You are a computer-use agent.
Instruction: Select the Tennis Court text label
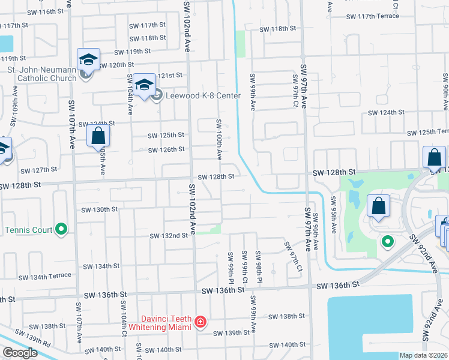tap(29, 229)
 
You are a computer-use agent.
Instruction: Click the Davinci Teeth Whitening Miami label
tap(158, 323)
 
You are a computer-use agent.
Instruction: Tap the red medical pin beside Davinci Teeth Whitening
tap(200, 323)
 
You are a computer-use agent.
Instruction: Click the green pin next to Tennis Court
tap(61, 229)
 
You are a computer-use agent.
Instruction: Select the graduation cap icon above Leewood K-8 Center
tap(145, 85)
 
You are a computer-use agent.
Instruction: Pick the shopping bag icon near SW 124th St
tap(98, 136)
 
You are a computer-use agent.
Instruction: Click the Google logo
tap(19, 353)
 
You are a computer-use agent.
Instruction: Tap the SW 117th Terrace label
tap(379, 16)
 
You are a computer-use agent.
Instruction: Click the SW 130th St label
tap(100, 209)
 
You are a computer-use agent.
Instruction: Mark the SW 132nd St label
tap(169, 236)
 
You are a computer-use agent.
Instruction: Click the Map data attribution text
tap(423, 355)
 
